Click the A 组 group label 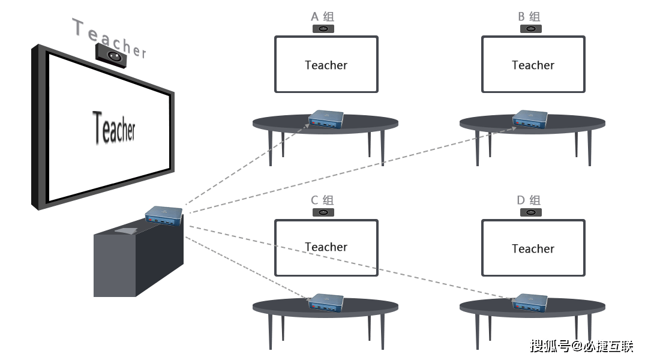coord(322,17)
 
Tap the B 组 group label coord(529,17)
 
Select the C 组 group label coord(322,200)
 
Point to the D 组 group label coord(529,200)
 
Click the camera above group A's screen coord(323,29)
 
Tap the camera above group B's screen coord(530,29)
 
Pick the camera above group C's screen coord(323,212)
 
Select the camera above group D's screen coord(530,212)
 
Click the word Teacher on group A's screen coord(326,65)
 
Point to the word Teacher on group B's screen coord(533,65)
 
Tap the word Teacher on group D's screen coord(533,249)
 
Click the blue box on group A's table coord(326,119)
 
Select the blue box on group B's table coord(530,119)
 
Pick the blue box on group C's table coord(326,302)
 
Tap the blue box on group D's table coord(530,302)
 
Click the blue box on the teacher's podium coord(164,216)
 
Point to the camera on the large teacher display coord(111,55)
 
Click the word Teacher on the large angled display coord(113,127)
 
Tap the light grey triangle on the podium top coord(127,230)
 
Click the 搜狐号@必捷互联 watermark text coord(581,346)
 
